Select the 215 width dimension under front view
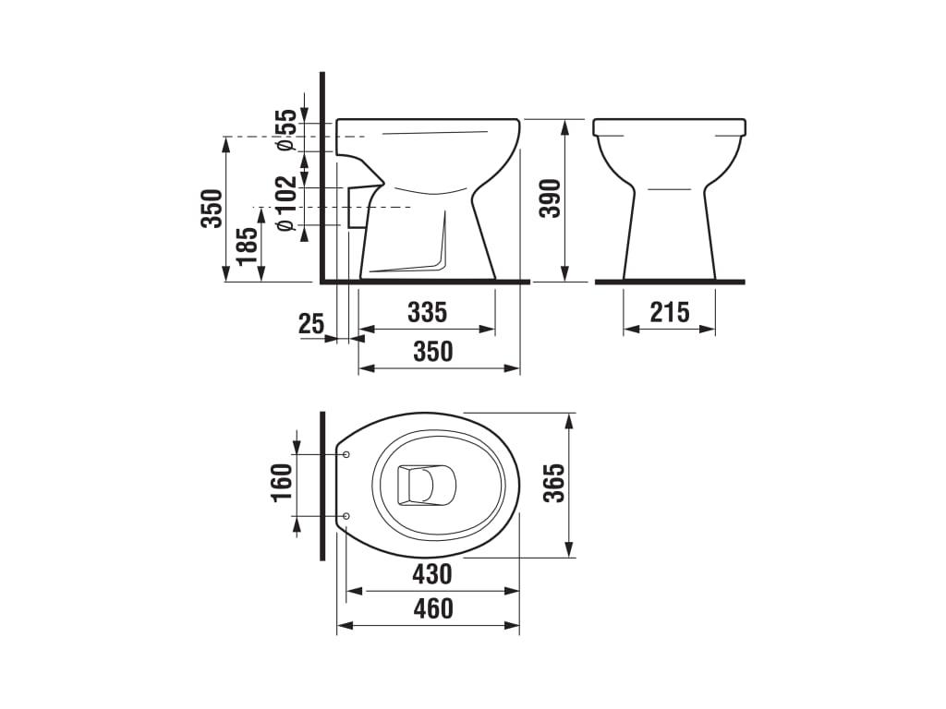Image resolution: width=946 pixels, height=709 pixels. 669,312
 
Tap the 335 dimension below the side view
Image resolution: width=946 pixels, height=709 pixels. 427,312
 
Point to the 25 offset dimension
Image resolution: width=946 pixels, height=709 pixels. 311,323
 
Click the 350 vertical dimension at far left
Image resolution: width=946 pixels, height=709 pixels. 212,209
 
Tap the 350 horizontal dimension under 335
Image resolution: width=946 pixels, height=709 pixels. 432,352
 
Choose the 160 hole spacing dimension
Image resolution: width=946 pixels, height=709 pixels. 282,482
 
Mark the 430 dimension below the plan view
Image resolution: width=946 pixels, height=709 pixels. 431,574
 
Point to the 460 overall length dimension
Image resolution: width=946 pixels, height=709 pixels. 432,609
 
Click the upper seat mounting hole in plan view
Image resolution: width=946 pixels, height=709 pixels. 346,454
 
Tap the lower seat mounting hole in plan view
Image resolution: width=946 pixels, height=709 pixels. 346,515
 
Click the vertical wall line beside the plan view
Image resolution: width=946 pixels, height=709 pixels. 321,486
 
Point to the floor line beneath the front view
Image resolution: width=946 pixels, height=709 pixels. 669,281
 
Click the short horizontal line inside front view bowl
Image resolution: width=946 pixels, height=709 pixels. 669,189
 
